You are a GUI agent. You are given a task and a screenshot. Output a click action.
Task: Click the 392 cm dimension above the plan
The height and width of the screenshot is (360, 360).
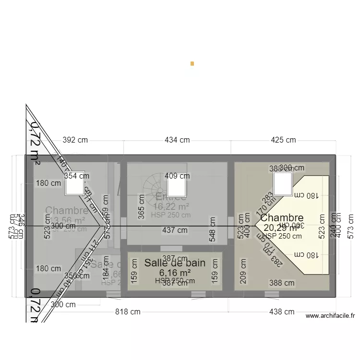[75, 140]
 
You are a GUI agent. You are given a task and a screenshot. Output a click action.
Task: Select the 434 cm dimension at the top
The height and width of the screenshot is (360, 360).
[177, 140]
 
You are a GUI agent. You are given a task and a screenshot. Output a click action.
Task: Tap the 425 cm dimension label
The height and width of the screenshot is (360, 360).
[283, 140]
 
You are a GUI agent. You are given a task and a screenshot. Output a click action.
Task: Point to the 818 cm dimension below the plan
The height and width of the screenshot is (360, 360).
[128, 312]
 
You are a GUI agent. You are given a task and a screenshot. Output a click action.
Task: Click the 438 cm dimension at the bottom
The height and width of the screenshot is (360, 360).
[282, 312]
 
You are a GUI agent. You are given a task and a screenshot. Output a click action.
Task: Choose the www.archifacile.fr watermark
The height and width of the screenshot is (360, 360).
[330, 316]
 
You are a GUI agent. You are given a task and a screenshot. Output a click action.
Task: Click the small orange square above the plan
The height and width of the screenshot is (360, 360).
[192, 63]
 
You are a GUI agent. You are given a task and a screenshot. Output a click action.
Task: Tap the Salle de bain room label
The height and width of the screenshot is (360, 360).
[175, 263]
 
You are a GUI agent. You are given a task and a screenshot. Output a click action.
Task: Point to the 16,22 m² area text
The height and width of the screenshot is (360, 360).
[171, 206]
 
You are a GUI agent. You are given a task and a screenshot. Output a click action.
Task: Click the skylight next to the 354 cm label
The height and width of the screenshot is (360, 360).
[75, 183]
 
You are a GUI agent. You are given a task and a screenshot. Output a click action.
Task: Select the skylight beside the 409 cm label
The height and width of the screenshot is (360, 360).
[177, 183]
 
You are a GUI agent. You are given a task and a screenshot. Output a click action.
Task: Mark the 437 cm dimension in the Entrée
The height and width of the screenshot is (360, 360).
[175, 230]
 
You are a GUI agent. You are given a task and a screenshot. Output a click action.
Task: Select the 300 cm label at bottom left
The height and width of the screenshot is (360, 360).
[63, 304]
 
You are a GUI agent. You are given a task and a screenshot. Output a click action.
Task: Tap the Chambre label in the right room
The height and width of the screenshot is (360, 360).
[282, 218]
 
